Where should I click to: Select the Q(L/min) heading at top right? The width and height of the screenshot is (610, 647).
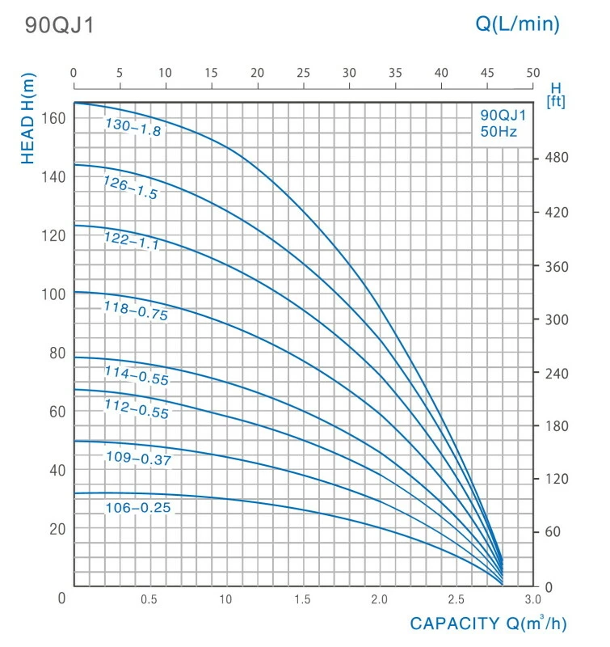pyautogui.click(x=517, y=24)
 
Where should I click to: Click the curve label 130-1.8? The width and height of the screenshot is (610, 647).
pyautogui.click(x=133, y=127)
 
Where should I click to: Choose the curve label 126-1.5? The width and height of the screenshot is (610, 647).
pyautogui.click(x=130, y=188)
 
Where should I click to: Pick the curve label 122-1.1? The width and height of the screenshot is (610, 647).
pyautogui.click(x=131, y=240)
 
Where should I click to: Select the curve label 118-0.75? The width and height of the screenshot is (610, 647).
pyautogui.click(x=135, y=311)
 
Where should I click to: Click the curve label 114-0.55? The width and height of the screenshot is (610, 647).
pyautogui.click(x=137, y=374)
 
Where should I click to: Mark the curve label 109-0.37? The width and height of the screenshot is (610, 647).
pyautogui.click(x=139, y=459)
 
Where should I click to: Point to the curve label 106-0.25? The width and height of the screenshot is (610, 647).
pyautogui.click(x=138, y=508)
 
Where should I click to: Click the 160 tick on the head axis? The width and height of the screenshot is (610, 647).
pyautogui.click(x=53, y=118)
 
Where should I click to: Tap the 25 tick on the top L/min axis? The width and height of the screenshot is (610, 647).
pyautogui.click(x=303, y=73)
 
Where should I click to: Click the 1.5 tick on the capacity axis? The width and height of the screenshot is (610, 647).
pyautogui.click(x=302, y=599)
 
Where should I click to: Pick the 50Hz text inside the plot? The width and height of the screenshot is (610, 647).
pyautogui.click(x=497, y=131)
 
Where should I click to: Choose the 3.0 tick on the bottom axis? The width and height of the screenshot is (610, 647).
pyautogui.click(x=532, y=599)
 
